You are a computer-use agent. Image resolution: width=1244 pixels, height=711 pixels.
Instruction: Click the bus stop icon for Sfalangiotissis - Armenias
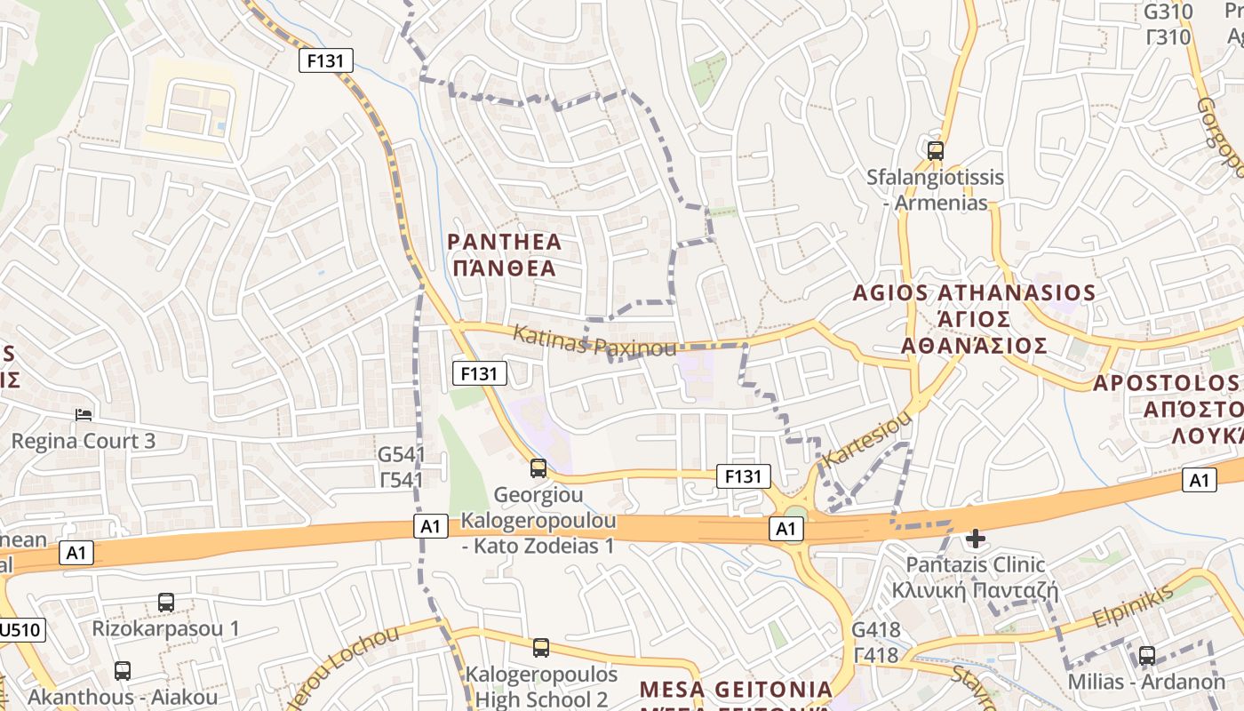click(935, 150)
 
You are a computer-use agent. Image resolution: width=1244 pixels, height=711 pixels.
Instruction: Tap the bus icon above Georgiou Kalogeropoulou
click(538, 467)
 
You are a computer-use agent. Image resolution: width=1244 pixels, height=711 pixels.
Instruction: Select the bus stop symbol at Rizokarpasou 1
click(165, 602)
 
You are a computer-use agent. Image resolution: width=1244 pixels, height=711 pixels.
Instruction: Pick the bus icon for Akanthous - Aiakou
click(123, 670)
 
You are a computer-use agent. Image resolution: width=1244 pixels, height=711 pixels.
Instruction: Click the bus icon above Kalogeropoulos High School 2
click(541, 647)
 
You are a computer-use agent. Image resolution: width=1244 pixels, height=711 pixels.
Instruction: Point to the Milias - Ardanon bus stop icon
click(1147, 656)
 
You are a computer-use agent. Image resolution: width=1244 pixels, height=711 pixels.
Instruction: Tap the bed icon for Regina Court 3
click(84, 414)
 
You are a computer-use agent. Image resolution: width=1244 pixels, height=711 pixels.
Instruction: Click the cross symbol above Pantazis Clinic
click(976, 538)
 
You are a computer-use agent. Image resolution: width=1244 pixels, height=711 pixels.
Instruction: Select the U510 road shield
click(20, 630)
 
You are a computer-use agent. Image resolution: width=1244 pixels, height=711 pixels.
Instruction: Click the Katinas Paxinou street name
click(594, 340)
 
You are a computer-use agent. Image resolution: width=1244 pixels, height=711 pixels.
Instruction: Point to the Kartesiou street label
click(868, 439)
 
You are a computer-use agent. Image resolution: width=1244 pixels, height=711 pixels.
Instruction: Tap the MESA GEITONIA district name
click(736, 690)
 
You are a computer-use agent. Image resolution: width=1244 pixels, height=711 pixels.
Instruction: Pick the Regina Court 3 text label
click(84, 441)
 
